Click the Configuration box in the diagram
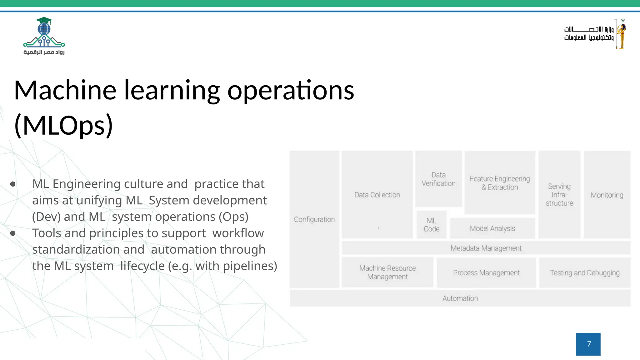(x=314, y=219)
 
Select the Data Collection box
(x=377, y=195)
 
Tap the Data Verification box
(x=438, y=179)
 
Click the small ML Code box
(x=432, y=225)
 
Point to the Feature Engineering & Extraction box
(x=500, y=183)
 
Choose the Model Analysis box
(x=492, y=228)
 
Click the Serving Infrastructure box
(x=559, y=195)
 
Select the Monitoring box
(x=607, y=195)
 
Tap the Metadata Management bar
(x=486, y=248)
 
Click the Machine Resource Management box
(x=387, y=272)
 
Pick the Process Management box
(x=486, y=273)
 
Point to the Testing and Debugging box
(x=585, y=273)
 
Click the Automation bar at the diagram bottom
(x=460, y=298)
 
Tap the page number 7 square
(x=588, y=344)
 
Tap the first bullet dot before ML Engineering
(x=13, y=184)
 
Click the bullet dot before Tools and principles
(x=13, y=233)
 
